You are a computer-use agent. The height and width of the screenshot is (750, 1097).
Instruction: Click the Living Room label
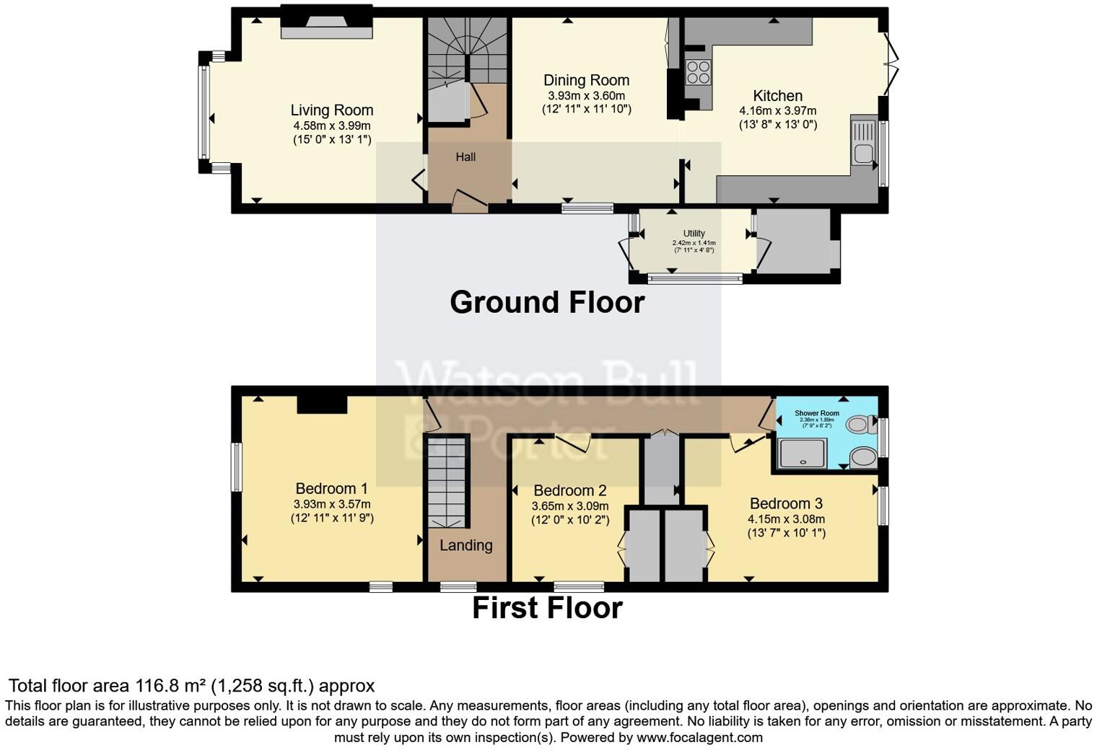click(x=332, y=110)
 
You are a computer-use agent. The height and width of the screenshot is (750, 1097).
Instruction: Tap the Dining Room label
click(x=586, y=80)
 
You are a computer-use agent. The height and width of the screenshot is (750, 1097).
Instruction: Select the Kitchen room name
click(x=777, y=96)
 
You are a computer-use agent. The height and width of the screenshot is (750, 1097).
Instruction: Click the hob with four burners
click(x=698, y=72)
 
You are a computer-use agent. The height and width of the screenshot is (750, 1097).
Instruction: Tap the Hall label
click(x=466, y=156)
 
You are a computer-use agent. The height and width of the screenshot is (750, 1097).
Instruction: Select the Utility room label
click(x=694, y=234)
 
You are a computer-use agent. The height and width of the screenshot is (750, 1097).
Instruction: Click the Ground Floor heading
click(x=547, y=302)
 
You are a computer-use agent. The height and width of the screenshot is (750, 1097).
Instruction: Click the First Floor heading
click(x=547, y=608)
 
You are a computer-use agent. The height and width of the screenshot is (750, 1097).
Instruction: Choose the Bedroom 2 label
click(x=570, y=491)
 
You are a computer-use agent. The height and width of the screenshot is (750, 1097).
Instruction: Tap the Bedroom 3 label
click(x=786, y=503)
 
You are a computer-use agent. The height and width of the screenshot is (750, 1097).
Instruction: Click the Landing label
click(x=466, y=545)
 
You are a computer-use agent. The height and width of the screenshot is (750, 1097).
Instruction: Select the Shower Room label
click(x=817, y=413)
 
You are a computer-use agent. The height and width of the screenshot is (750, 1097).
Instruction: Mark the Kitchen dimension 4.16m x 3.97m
click(x=777, y=111)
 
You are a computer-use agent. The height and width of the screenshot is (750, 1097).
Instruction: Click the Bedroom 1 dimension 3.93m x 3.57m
click(x=332, y=504)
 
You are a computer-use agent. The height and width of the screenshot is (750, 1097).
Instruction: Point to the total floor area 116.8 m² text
click(x=191, y=686)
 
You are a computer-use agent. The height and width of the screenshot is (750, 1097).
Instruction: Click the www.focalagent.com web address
click(x=699, y=738)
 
